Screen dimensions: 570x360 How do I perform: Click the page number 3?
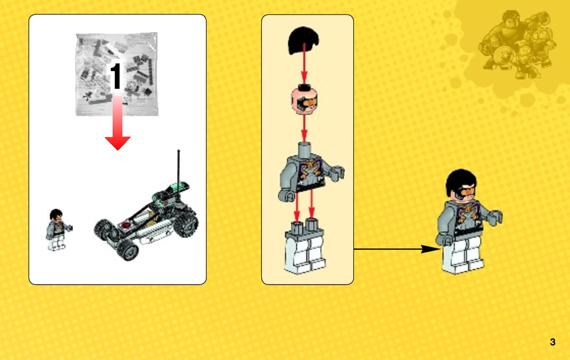click(x=552, y=342)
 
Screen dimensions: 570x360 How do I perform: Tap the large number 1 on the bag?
click(x=116, y=76)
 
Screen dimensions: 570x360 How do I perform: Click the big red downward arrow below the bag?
click(x=118, y=123)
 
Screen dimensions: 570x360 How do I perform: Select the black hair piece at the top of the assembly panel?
click(x=304, y=40)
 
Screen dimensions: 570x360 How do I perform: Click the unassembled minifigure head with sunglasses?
click(x=304, y=99)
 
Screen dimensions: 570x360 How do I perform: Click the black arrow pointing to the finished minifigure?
click(x=396, y=249)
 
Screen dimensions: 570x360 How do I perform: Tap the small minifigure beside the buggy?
click(x=58, y=230)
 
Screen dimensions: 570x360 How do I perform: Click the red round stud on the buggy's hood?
click(x=125, y=225)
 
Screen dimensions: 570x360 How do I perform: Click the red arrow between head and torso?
click(x=304, y=128)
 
